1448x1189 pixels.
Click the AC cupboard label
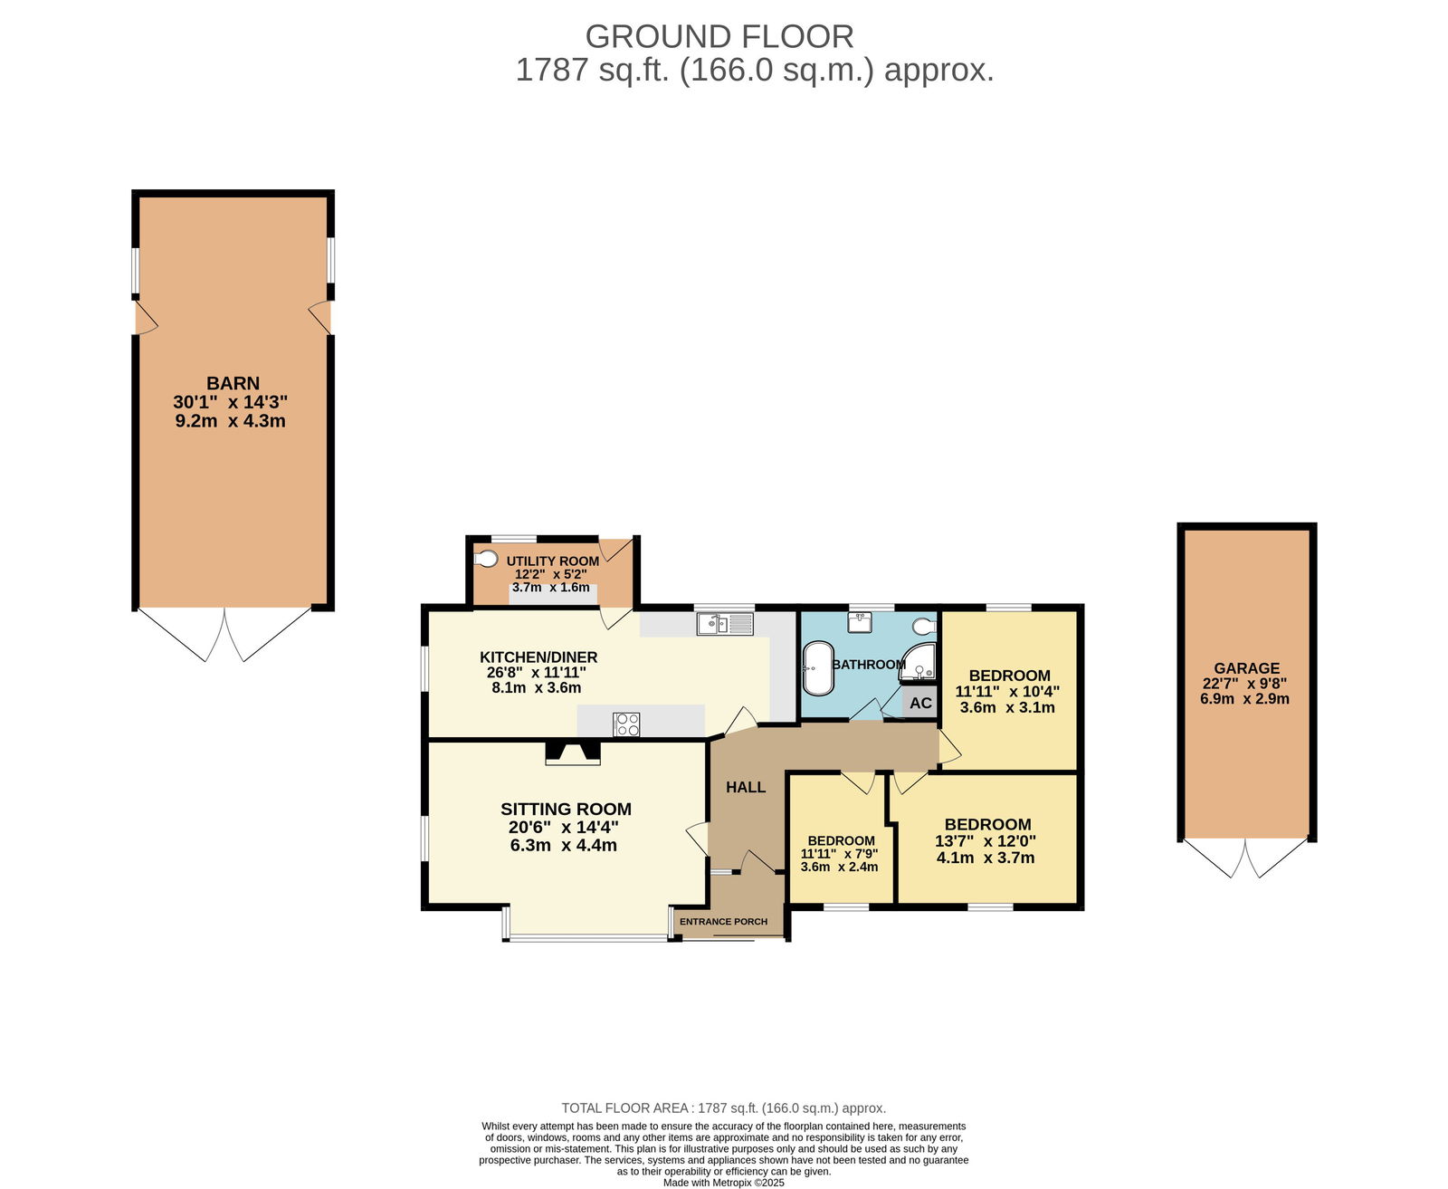[x=919, y=703]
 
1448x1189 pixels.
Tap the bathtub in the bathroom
[x=816, y=667]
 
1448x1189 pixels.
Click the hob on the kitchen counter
[x=627, y=724]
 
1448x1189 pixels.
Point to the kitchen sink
[x=725, y=624]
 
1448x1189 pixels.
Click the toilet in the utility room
[x=485, y=559]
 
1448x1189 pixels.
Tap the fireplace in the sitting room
[x=572, y=753]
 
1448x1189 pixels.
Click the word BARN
[x=233, y=383]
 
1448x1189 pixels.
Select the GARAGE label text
[x=1246, y=668]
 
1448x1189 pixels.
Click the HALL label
[x=746, y=788]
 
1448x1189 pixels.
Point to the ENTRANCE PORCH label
[x=723, y=922]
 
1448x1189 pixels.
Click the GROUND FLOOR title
[x=719, y=36]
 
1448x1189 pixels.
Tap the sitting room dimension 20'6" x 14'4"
[x=564, y=828]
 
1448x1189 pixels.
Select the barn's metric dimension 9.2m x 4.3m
[x=230, y=421]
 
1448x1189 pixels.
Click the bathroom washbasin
[x=859, y=623]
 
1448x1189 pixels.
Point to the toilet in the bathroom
[x=924, y=627]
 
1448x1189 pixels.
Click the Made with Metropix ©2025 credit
[x=723, y=1183]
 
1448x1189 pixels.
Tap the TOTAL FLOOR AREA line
[x=724, y=1107]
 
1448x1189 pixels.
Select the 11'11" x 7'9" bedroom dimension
[x=839, y=855]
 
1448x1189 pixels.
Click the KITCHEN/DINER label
[x=538, y=657]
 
